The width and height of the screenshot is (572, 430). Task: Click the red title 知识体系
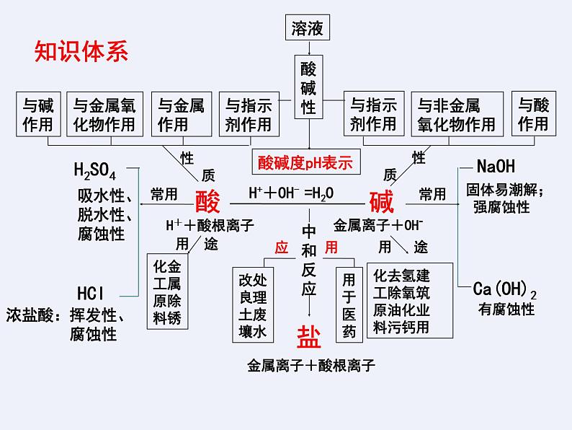pos(81,53)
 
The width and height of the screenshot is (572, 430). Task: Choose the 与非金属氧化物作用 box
pos(457,114)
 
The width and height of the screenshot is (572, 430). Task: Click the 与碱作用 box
pos(38,114)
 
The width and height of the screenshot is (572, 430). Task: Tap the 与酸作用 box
pos(534,114)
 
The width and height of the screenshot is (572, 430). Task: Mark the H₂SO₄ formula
pos(95,171)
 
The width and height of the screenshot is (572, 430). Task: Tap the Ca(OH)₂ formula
pos(505,289)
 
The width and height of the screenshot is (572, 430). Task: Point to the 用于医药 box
pos(349,304)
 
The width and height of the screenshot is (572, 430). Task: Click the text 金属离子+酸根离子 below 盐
pos(310,366)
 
